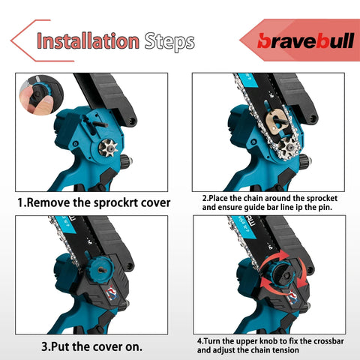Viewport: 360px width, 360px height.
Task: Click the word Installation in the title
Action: tap(88, 41)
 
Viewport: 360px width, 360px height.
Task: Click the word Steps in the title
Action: tap(169, 41)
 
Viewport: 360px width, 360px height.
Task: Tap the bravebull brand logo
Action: tap(306, 40)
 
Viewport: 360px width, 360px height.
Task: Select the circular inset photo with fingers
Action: tap(41, 95)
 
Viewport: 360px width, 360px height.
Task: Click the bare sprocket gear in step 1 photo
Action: tap(108, 148)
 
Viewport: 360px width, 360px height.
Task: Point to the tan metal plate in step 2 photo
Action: tap(277, 121)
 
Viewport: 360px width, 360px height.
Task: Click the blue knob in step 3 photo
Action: tap(101, 268)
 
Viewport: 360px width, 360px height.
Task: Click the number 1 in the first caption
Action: tap(20, 202)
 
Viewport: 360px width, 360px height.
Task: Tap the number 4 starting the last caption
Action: tap(199, 341)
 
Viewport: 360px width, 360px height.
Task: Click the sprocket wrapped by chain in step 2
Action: tap(287, 146)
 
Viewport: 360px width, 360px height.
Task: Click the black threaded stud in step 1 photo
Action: tap(100, 124)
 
